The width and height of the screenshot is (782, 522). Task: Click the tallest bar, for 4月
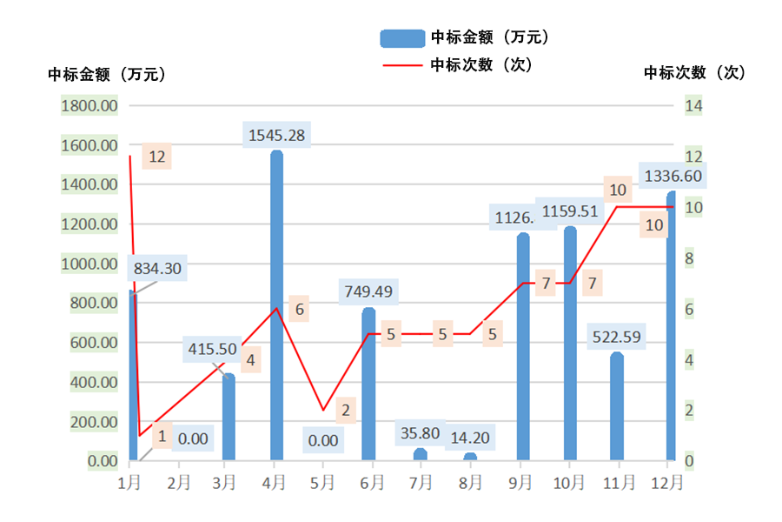point(276,304)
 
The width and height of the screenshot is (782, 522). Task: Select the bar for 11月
point(617,406)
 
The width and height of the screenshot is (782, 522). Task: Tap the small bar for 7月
point(421,454)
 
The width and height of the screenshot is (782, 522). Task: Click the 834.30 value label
point(158,269)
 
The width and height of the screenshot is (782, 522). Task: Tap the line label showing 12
point(157,157)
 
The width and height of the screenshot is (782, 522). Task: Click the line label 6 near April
point(299,309)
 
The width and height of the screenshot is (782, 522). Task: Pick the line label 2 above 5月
point(345,410)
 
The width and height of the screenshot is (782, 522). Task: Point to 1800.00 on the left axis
point(90,106)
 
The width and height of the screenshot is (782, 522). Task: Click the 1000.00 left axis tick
point(90,264)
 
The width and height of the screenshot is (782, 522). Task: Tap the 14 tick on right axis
point(693,106)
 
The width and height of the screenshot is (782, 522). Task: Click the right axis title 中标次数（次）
point(694,74)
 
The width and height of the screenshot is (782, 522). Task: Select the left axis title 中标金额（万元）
point(107,75)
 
